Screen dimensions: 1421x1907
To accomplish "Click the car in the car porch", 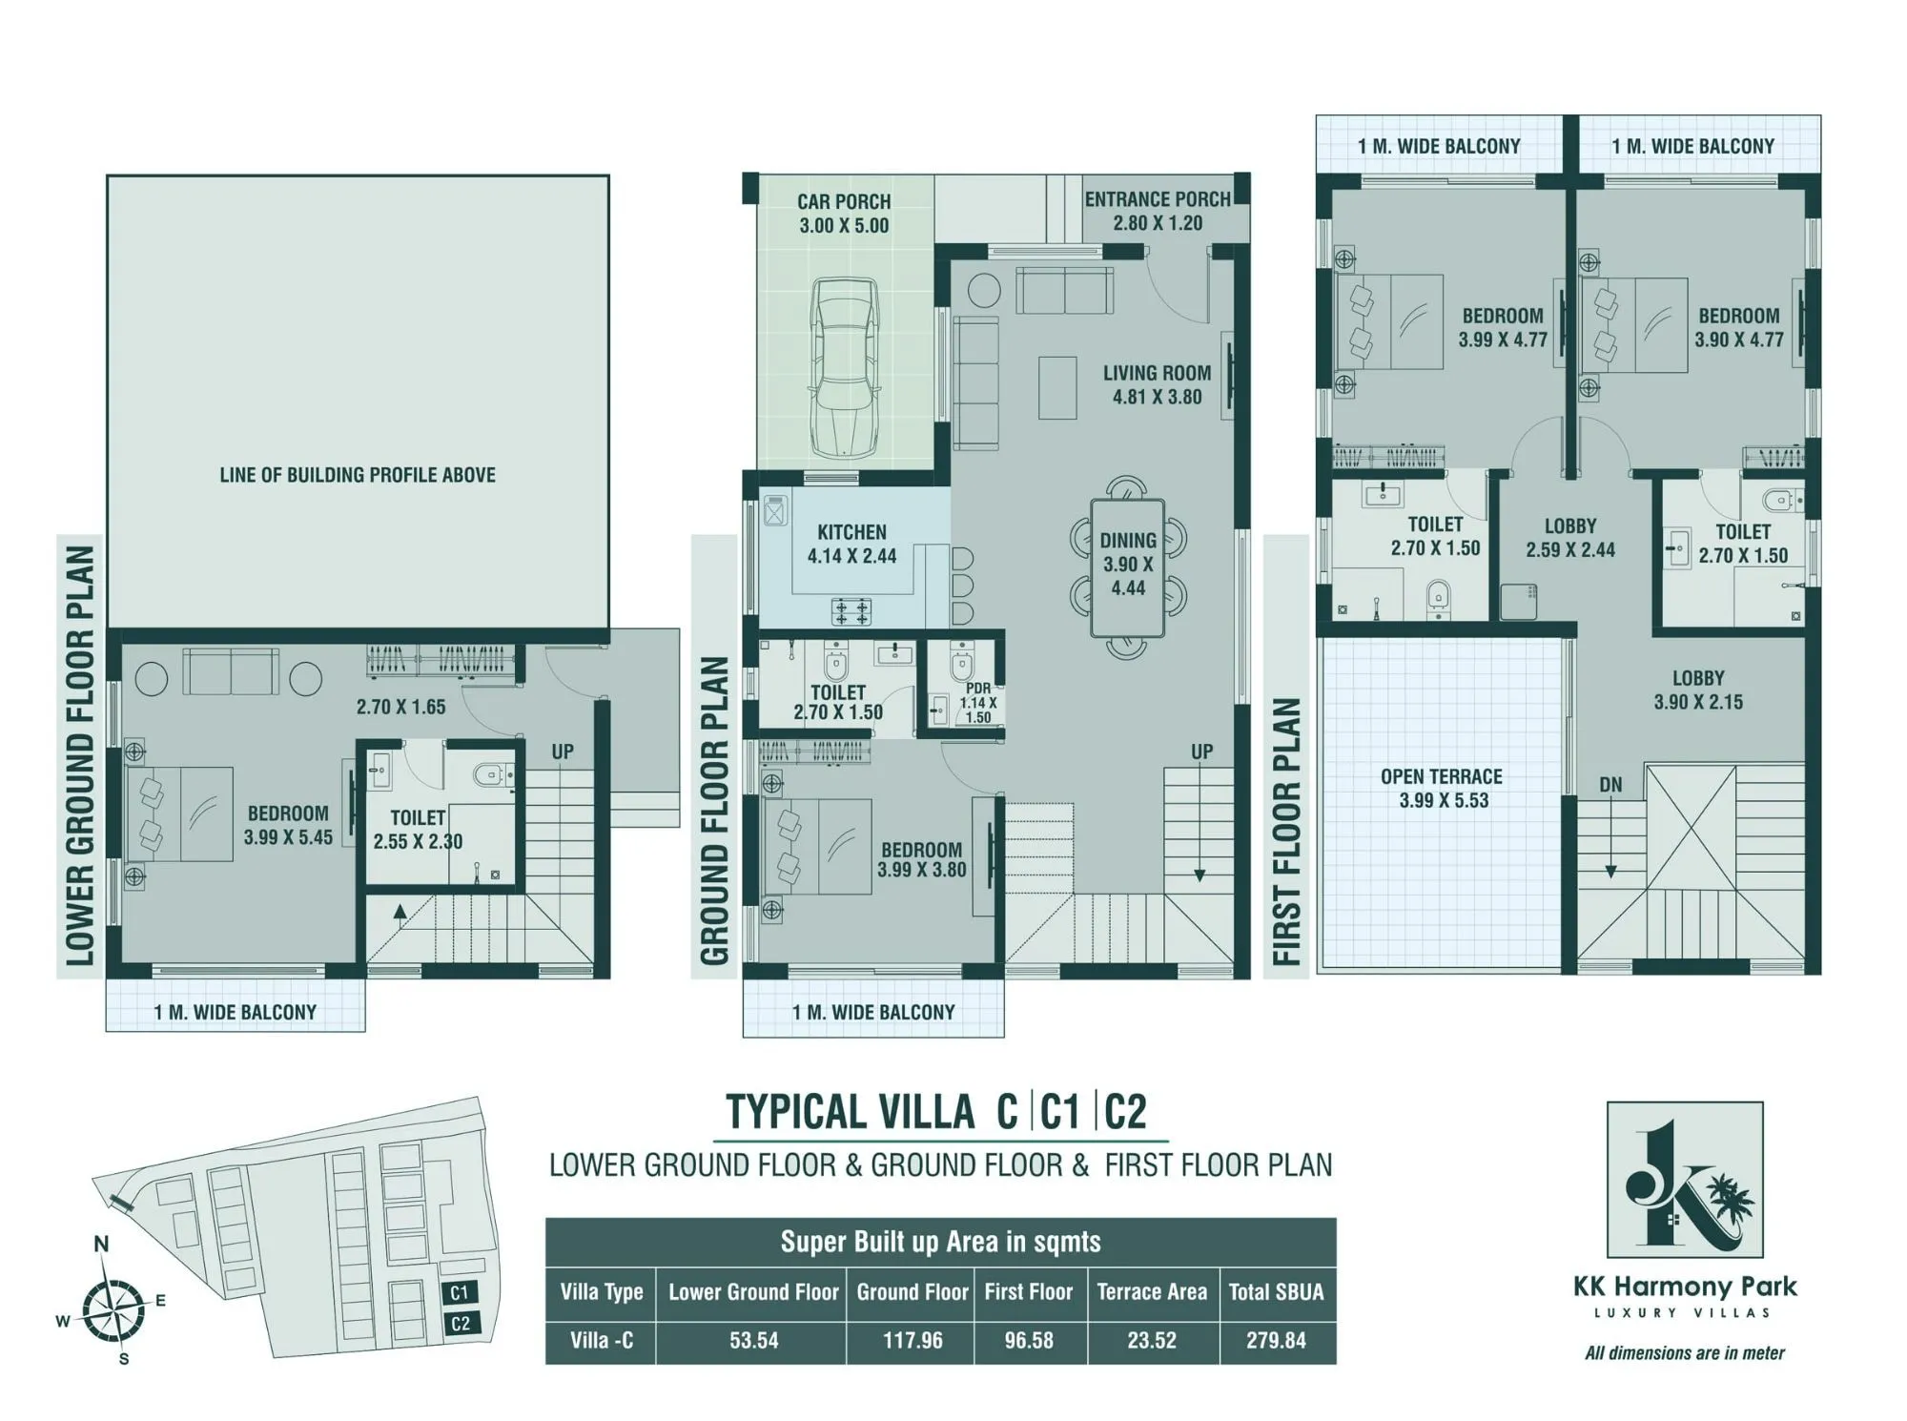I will (x=843, y=367).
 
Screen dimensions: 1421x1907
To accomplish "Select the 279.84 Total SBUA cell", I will (x=1276, y=1340).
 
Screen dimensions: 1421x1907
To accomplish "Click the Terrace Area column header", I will (x=1152, y=1292).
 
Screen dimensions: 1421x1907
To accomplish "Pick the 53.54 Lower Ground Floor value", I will (x=753, y=1340).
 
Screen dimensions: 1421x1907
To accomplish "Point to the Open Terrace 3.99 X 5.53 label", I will (x=1442, y=789).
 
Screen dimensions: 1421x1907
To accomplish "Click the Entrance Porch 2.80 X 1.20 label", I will (x=1158, y=211).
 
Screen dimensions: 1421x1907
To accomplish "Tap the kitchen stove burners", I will (x=851, y=610).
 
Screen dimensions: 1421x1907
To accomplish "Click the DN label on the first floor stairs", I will (x=1610, y=785).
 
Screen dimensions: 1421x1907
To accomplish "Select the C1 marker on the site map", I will (x=460, y=1292).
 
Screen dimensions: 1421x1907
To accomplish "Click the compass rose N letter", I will (x=101, y=1244).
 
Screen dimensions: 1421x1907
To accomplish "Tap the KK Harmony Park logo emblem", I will (x=1685, y=1180).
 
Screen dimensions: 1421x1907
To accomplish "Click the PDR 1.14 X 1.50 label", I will (x=978, y=703).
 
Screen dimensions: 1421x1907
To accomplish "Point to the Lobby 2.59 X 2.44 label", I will (x=1569, y=538).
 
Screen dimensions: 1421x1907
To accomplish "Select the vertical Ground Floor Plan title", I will (x=714, y=810).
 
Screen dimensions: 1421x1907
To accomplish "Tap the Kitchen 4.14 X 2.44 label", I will (x=851, y=544).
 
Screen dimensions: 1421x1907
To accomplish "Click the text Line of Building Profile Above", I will (x=358, y=475).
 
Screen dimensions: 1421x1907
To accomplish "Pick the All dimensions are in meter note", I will (x=1684, y=1352).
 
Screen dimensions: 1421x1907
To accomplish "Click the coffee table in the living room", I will (x=1057, y=387).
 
